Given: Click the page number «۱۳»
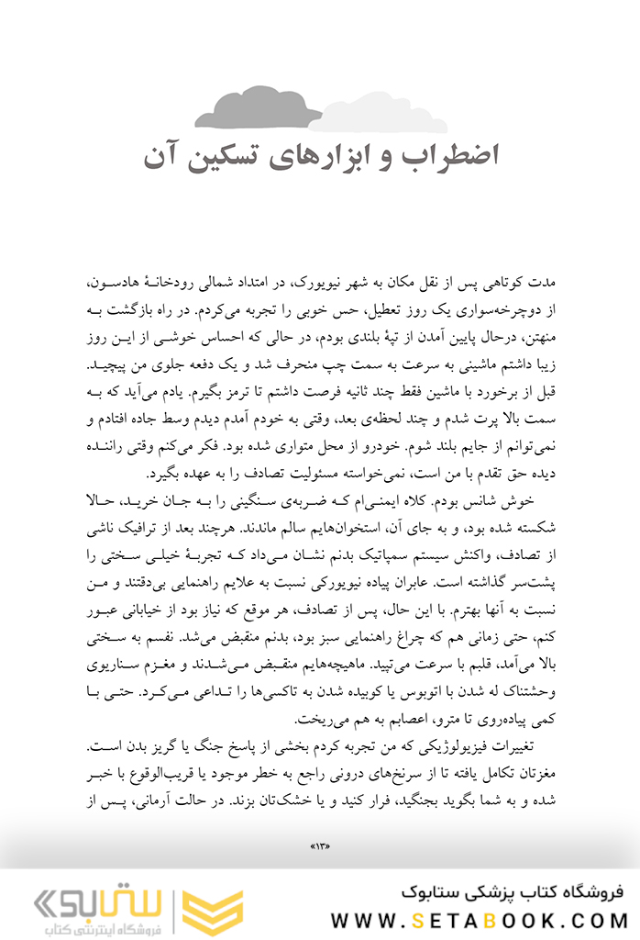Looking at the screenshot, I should click(x=320, y=845).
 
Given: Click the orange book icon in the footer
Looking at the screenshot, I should click(x=212, y=911).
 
